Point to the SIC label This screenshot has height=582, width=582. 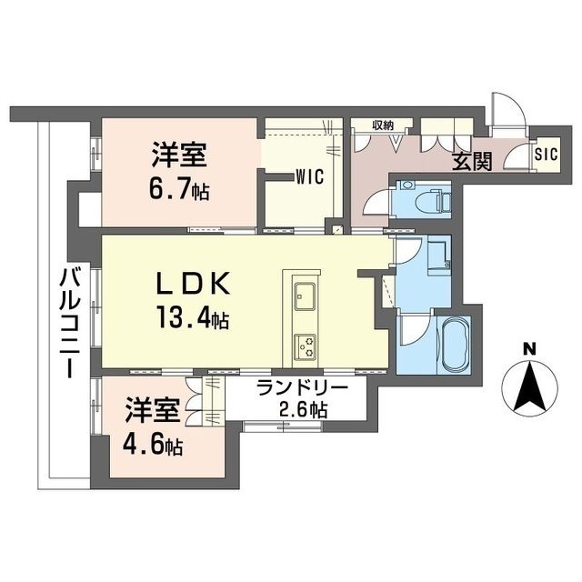click(545, 153)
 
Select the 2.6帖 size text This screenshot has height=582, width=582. click(303, 408)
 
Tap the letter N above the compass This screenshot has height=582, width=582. click(530, 347)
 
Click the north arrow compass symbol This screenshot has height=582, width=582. click(530, 387)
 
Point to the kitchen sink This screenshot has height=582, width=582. click(305, 296)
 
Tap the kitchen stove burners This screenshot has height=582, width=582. click(305, 344)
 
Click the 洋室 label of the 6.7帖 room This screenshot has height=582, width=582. click(179, 156)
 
